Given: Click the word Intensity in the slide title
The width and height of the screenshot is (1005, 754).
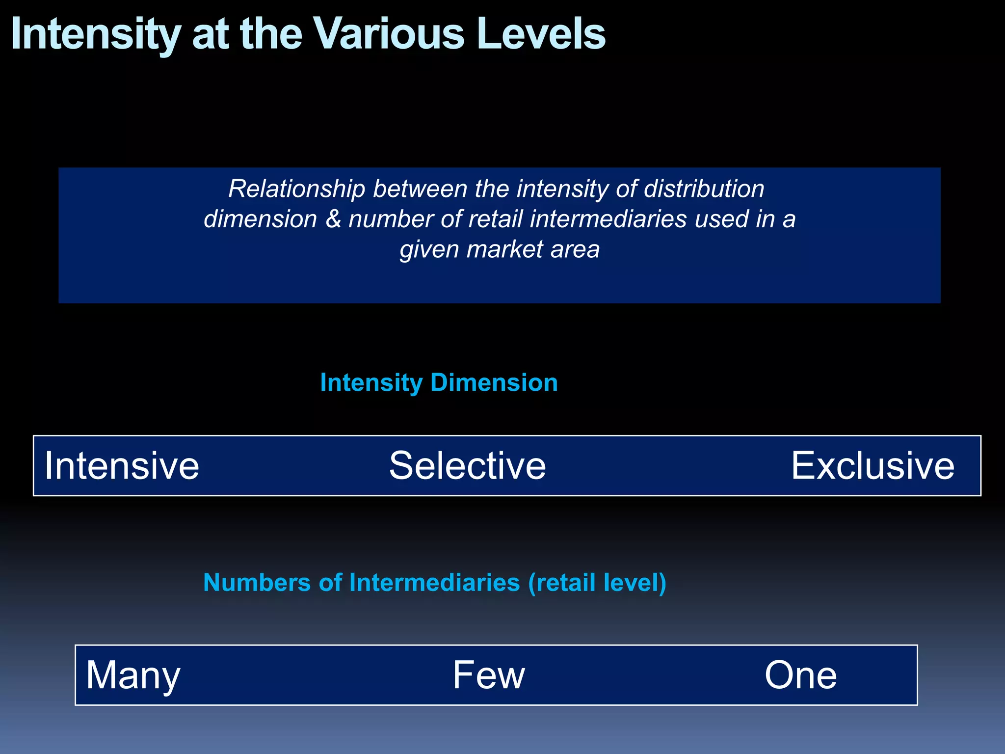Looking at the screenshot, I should pos(95,34).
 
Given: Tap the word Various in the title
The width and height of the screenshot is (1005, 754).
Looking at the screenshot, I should pos(389,34).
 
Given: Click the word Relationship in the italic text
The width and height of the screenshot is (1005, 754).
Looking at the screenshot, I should pos(296,189).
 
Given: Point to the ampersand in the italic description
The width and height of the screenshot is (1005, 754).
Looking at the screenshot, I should pos(333,219).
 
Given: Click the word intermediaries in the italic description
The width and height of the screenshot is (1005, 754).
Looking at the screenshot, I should pos(608,219).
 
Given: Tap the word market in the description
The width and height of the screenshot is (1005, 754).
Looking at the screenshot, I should pos(504,249).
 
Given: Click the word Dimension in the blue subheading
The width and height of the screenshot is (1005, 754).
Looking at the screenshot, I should pos(494,382).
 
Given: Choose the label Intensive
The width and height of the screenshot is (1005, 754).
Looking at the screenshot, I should pos(122,465).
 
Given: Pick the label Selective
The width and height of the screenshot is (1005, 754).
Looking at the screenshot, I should pos(467,465).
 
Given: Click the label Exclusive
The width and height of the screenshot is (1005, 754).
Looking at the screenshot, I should pos(873,465).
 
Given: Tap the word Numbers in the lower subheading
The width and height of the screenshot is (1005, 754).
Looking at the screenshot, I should pos(257,583).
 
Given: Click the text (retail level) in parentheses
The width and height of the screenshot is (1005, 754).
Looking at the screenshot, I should pos(597,583).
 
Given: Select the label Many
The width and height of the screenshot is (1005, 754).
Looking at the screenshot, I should pos(133,675).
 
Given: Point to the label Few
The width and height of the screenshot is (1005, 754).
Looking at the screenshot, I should pos(488,675).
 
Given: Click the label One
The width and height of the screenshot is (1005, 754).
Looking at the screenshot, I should pos(800,675).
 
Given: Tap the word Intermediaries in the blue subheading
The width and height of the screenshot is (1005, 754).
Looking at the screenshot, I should pos(434,583).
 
